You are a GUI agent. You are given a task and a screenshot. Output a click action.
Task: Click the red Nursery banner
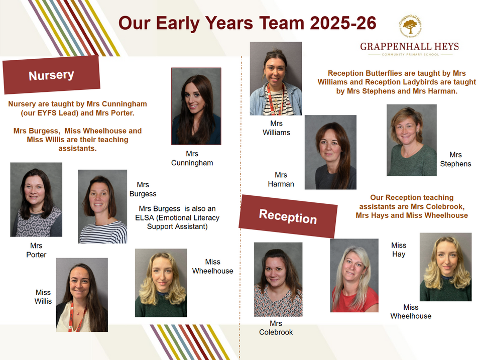coord(51,75)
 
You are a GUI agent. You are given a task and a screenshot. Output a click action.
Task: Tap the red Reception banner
coord(288,216)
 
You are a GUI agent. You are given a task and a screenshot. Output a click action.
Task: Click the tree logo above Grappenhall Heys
coord(410,26)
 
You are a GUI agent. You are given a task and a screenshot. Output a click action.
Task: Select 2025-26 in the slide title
coord(343,23)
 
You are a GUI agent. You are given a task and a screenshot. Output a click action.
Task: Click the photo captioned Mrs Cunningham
coord(196,106)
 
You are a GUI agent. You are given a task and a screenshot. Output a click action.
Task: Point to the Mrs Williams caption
coord(276,128)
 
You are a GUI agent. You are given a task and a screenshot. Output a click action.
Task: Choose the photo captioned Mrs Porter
coord(36,199)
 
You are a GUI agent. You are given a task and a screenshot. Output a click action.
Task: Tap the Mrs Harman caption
coord(281,180)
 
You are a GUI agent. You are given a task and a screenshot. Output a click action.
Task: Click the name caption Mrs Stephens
coord(455,159)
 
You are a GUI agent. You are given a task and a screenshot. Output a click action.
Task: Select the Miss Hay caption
coord(399,250)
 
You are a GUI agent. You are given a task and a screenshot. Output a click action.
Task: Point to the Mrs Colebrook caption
coord(276,328)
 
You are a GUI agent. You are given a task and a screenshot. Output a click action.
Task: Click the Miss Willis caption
coord(43,297)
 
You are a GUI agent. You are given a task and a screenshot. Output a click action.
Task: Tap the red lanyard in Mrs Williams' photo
coord(272,99)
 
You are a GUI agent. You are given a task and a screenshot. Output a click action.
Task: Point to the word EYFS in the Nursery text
coord(47,113)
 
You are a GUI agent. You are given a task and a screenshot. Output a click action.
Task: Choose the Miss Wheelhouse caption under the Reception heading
coord(411,312)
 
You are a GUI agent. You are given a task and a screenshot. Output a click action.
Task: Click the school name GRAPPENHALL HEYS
coord(410,47)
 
